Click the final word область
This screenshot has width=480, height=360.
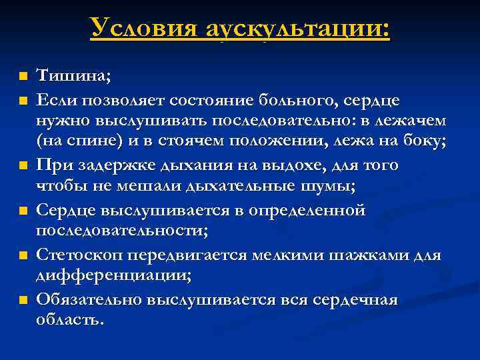coord(69,320)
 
